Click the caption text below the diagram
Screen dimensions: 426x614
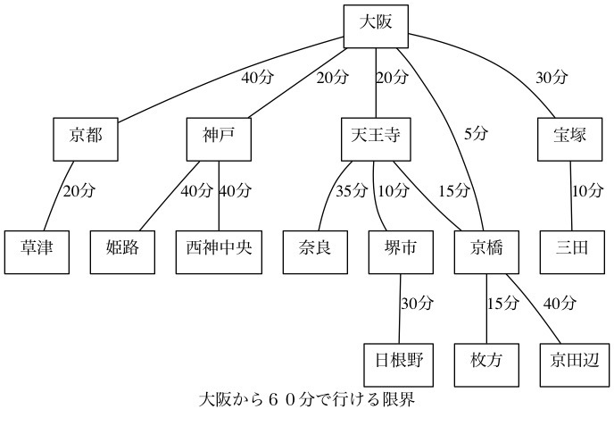coord(307,399)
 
